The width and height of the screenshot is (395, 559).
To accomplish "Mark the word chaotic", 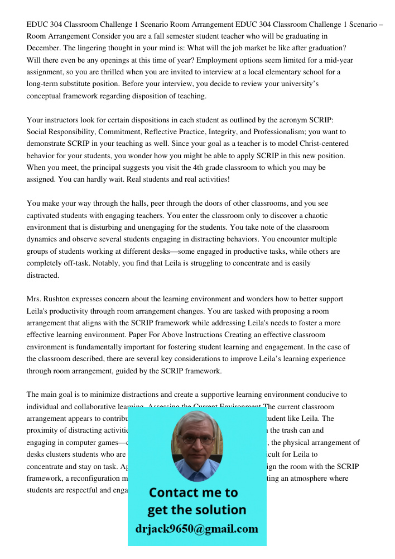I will [x=315, y=215].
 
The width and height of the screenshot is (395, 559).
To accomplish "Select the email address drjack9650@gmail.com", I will [x=197, y=529].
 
